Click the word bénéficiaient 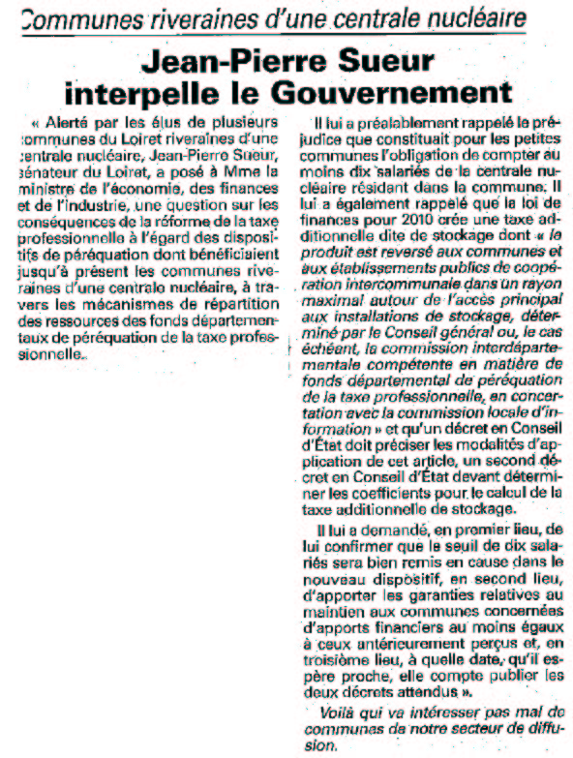229,248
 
